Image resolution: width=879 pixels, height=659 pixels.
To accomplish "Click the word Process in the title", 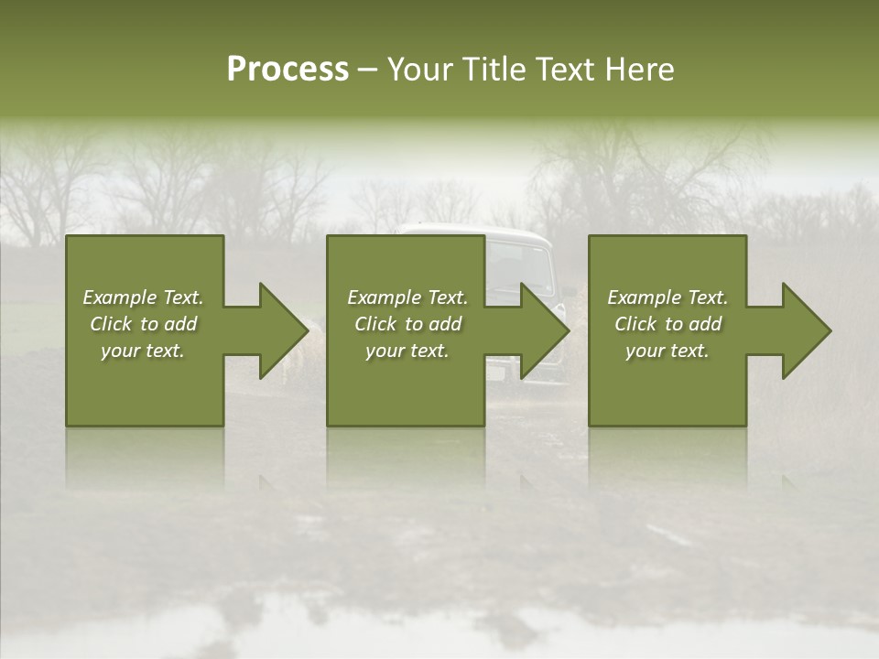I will pos(288,70).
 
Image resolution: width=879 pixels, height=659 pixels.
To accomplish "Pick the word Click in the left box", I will pos(112,324).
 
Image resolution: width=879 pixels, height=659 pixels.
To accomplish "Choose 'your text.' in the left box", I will pos(143,351).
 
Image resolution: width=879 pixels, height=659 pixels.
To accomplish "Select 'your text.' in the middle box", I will pos(407,351).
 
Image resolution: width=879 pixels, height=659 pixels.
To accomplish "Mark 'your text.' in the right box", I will pos(667,351).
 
